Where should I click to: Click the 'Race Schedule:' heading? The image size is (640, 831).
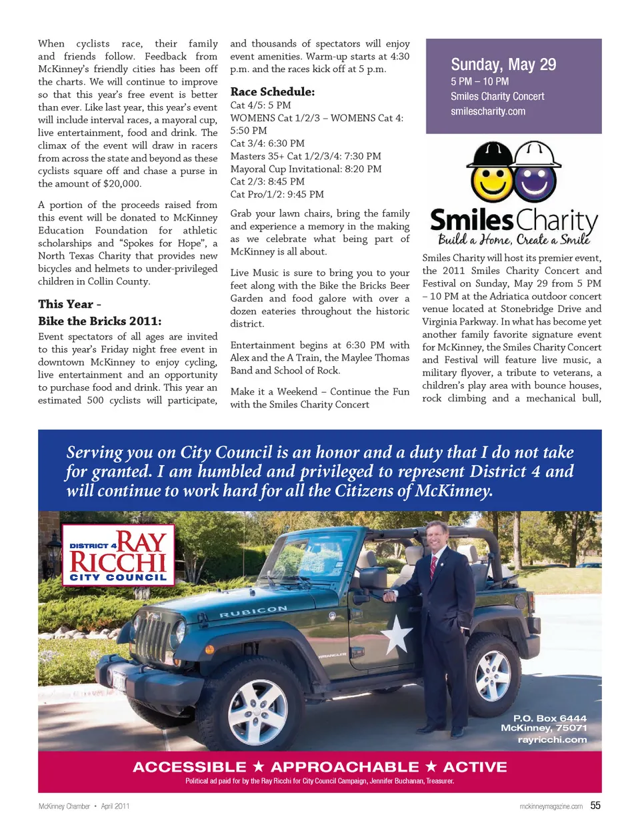point(272,92)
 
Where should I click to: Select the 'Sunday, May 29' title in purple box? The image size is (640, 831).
point(503,65)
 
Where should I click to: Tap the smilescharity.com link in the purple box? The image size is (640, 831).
point(488,111)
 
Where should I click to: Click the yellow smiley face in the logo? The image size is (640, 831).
point(491,180)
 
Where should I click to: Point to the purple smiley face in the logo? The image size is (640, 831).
point(535,181)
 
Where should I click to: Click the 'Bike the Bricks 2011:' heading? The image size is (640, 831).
point(99,321)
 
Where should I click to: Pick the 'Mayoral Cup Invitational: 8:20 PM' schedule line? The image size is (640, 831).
point(306,169)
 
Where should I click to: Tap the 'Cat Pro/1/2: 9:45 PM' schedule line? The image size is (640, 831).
point(277,194)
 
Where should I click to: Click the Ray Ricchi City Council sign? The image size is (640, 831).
point(118,555)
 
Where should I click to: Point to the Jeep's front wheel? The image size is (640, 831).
point(258,711)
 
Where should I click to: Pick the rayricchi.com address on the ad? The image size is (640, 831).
point(552,739)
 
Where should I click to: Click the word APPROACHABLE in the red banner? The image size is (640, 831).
point(345,767)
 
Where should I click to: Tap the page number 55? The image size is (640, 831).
point(595,806)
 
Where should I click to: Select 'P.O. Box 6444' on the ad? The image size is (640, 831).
point(550,718)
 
